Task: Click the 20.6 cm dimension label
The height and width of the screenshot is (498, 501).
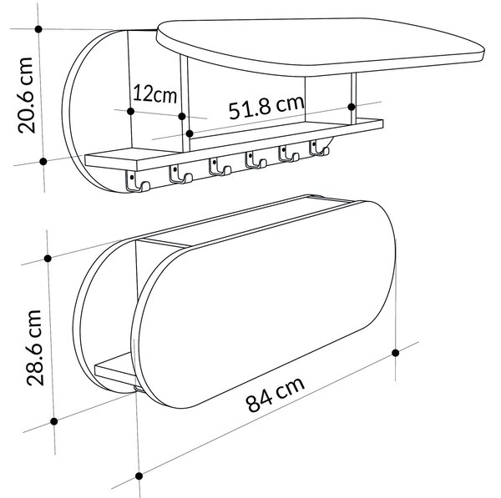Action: (26, 95)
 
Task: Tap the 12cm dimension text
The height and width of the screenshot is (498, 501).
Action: (154, 93)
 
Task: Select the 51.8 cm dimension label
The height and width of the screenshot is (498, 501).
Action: (266, 107)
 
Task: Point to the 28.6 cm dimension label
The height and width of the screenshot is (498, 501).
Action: (34, 347)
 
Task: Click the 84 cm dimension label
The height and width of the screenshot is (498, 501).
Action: (276, 395)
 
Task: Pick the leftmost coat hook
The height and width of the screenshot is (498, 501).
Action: (138, 181)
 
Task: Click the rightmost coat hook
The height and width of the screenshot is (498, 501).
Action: (319, 148)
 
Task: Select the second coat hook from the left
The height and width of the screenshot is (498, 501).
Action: (180, 174)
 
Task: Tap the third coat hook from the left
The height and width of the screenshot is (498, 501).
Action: (220, 167)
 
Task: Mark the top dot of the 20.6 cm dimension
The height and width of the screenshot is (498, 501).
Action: (38, 29)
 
